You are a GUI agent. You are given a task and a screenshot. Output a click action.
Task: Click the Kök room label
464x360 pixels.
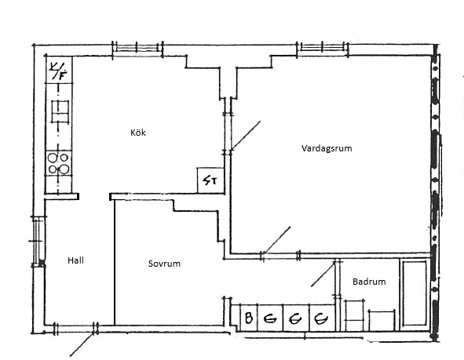pos(138,133)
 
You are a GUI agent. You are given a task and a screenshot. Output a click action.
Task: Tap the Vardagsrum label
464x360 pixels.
pos(327,148)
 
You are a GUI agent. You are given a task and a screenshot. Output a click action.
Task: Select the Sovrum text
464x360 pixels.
pos(164,264)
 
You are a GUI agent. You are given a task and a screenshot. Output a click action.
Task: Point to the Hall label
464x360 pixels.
pos(75,260)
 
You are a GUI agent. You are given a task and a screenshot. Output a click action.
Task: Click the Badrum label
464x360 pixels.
pos(369,282)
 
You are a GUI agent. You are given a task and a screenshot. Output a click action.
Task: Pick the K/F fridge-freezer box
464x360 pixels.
pos(59,70)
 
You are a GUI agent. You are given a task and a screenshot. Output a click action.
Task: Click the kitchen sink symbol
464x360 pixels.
pos(60,111)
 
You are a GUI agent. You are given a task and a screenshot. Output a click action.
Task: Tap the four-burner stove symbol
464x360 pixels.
pos(59,163)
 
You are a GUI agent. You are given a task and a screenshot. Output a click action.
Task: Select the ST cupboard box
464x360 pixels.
pos(210,180)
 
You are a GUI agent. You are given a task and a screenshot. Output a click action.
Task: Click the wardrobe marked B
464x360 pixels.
pos(249,318)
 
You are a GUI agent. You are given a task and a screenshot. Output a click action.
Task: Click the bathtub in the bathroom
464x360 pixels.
pos(414,293)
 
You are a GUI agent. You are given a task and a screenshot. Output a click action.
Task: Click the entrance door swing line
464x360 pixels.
pos(82,344)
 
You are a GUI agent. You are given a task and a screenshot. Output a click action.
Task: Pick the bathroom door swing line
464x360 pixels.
pos(323,275)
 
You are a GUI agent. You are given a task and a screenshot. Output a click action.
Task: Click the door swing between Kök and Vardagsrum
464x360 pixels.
pos(246,136)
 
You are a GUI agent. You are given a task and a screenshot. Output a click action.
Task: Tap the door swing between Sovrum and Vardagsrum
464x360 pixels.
pos(277,240)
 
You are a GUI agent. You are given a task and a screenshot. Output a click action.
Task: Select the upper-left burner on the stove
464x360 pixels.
pos(53,158)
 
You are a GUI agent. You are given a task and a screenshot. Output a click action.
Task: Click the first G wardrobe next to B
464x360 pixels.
pos(270,318)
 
